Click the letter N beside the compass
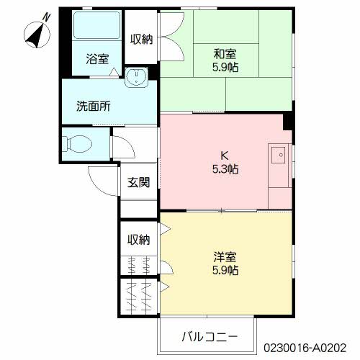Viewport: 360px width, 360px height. pyautogui.click(x=47, y=17)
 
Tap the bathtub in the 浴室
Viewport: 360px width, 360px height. pyautogui.click(x=96, y=25)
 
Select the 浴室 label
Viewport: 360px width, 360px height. pyautogui.click(x=97, y=59)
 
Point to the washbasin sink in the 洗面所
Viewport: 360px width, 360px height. pyautogui.click(x=136, y=77)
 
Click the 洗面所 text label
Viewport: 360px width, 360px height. pyautogui.click(x=94, y=106)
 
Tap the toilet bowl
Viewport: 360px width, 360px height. pyautogui.click(x=77, y=144)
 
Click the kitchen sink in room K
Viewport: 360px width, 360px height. pyautogui.click(x=279, y=155)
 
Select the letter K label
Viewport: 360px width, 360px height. pyautogui.click(x=225, y=156)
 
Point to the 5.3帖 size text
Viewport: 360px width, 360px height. pyautogui.click(x=225, y=169)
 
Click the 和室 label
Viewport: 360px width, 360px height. pyautogui.click(x=225, y=54)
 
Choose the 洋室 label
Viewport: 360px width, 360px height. pyautogui.click(x=225, y=257)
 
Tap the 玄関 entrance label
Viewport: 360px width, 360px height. pyautogui.click(x=138, y=182)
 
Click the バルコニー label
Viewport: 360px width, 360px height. pyautogui.click(x=210, y=336)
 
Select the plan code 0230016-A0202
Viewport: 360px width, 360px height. pyautogui.click(x=305, y=348)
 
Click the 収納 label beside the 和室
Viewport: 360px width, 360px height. pyautogui.click(x=141, y=39)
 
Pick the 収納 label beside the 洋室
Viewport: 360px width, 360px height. pyautogui.click(x=138, y=240)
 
